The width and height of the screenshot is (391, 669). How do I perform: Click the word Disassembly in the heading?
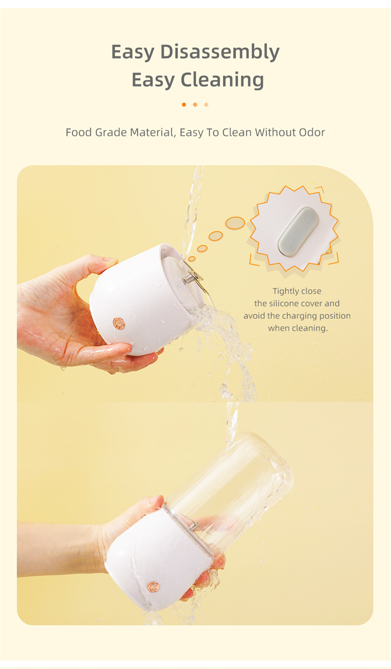point(220,52)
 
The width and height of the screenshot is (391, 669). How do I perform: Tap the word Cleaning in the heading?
point(222,80)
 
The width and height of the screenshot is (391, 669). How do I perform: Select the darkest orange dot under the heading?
point(184,105)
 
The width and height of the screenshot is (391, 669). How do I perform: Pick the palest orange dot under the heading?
point(206,105)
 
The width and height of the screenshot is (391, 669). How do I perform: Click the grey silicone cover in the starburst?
point(298,232)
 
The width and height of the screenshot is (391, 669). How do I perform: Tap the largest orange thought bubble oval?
point(235,223)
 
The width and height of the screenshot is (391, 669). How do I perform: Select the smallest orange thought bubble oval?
point(192,258)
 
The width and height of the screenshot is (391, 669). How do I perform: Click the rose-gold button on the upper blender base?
point(119,323)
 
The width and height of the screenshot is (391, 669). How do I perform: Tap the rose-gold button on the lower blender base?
point(153,586)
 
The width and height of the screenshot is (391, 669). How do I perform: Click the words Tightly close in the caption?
point(297,291)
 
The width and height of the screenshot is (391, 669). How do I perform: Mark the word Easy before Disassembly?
point(133,52)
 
